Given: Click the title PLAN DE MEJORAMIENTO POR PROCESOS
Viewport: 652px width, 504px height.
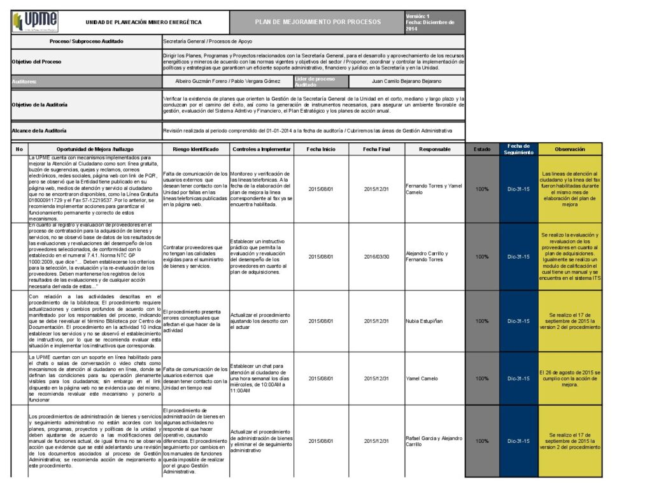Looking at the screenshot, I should coord(318,22).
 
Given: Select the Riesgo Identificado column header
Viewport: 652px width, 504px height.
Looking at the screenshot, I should coord(195,149).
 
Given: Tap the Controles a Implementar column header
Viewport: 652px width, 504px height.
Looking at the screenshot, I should coord(261,149).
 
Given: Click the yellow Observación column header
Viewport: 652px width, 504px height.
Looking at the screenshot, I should coord(570,149).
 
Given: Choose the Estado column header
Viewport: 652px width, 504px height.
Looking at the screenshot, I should coord(482,149).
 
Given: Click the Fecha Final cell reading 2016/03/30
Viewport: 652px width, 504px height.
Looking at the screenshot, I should coord(377,257).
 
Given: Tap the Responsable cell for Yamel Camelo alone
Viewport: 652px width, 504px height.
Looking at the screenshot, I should coord(423,378).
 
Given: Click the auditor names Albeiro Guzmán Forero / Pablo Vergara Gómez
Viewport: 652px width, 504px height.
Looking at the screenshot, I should coord(227,82).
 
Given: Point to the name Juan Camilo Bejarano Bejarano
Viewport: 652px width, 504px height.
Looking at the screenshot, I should coord(406,82).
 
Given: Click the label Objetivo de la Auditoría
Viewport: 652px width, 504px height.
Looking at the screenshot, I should coord(40,104).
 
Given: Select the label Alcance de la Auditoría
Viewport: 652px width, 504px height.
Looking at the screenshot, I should coord(39,131).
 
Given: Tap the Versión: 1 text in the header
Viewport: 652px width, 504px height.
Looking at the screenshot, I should coord(418,16).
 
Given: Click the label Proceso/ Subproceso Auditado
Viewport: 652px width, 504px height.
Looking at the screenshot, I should coord(87,41).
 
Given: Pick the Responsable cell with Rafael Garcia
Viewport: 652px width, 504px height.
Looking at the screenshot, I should coord(434,441).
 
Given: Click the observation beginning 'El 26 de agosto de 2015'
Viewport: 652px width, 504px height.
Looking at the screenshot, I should coord(569,378).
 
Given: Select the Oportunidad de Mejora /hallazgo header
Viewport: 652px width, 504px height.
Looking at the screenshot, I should coord(94,149).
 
